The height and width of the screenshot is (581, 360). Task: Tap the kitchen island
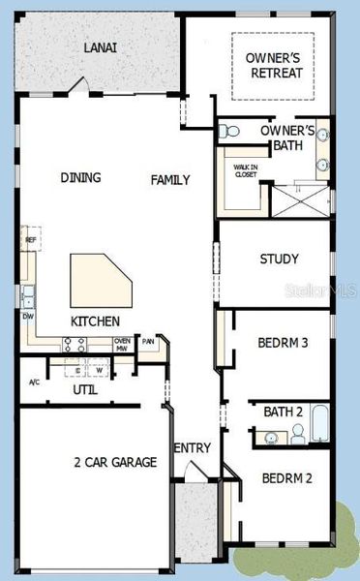tap(97, 281)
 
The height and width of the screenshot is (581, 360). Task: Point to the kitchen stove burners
tap(75, 343)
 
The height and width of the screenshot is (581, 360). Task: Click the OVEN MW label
tap(122, 344)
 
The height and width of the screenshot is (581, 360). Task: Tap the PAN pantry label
tap(148, 341)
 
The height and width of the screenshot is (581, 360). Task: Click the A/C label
tap(34, 382)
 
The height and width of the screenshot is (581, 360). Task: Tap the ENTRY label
tap(192, 447)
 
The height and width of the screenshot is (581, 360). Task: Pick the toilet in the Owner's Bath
tap(229, 131)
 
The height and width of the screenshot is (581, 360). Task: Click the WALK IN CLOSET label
tap(246, 170)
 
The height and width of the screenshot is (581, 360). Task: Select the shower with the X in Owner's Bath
tap(299, 199)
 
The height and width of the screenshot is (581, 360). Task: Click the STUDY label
tap(279, 259)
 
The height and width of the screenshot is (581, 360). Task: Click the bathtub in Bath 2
tap(319, 424)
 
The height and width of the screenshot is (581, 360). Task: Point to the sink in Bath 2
tap(270, 439)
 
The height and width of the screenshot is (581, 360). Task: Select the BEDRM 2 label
tap(285, 477)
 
